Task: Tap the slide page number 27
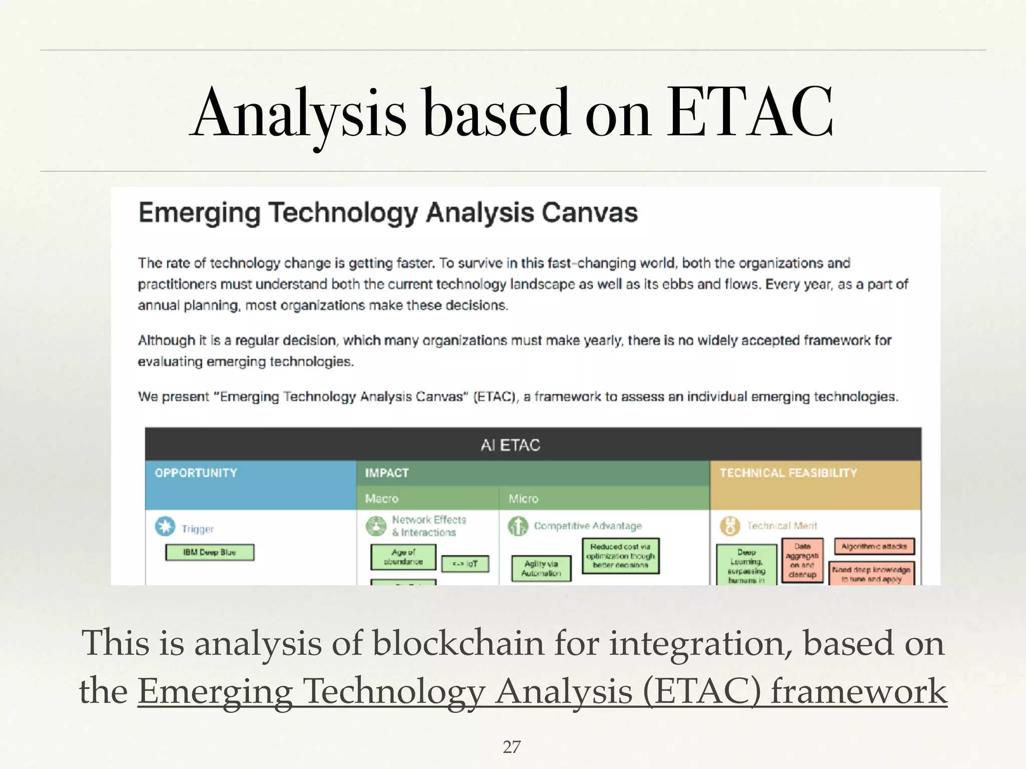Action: pos(511,746)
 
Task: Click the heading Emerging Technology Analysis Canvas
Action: pos(388,213)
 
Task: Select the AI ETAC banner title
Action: pos(510,445)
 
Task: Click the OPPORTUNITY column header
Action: pos(196,473)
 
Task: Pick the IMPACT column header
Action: pos(387,473)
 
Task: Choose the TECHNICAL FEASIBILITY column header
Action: pos(788,473)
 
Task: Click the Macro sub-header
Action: pos(382,499)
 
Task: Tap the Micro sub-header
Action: pos(524,499)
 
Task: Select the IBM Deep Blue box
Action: pos(209,552)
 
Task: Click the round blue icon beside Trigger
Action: pos(165,527)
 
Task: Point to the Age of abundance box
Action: pos(403,557)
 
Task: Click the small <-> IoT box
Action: pos(465,564)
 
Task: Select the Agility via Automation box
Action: pos(541,569)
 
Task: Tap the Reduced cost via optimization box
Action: pos(620,556)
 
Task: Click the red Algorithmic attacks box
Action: pos(874,546)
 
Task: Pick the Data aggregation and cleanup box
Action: pos(802,560)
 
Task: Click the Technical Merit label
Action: pos(782,526)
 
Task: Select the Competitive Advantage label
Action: pos(588,526)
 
